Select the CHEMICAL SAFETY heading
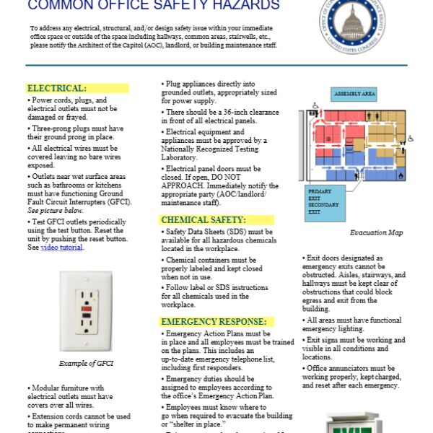pos(203,219)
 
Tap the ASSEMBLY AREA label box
pos(354,95)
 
